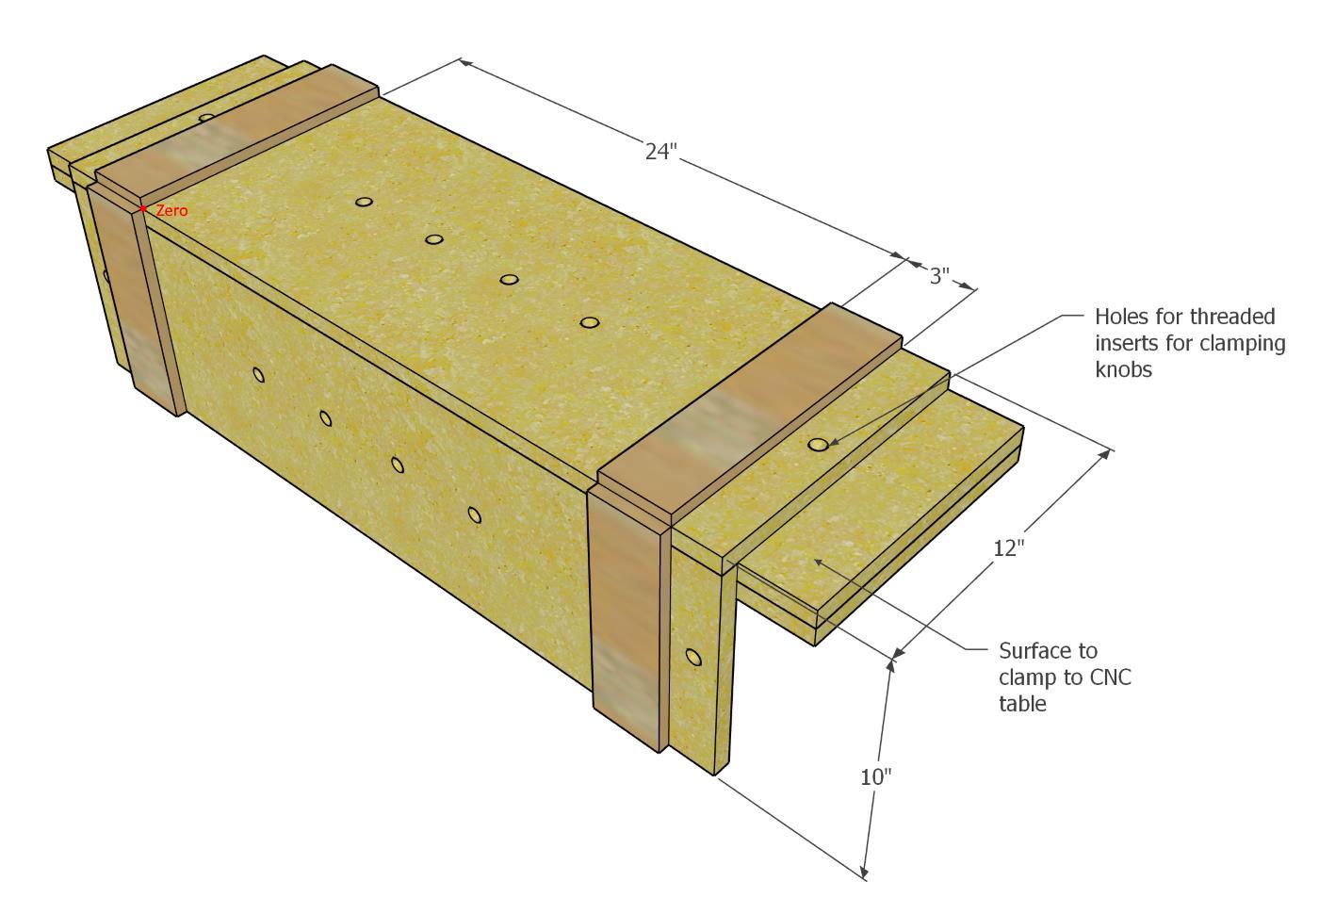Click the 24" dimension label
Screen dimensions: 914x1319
coord(660,152)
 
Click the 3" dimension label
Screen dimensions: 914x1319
coord(939,276)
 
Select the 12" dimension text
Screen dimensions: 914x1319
coord(1007,547)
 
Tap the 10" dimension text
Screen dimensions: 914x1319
coord(875,777)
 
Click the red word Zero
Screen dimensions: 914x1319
coord(171,211)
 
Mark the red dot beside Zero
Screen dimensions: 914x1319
coord(143,209)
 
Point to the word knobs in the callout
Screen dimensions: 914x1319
coord(1123,369)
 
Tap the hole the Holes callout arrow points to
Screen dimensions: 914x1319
coord(818,444)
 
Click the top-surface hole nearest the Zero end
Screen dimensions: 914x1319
coord(365,202)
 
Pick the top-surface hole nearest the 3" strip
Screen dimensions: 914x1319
coord(589,322)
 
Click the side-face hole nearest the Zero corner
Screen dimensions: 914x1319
coord(259,375)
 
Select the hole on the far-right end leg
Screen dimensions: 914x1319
coord(693,657)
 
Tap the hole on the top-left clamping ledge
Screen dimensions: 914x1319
coord(206,119)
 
